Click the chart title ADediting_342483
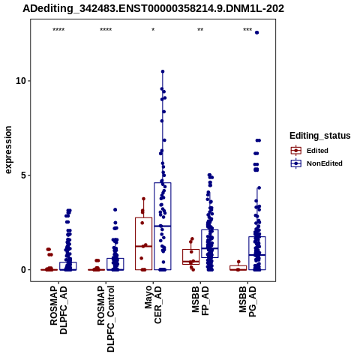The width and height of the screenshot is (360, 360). click(153, 9)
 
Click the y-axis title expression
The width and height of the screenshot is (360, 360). click(8, 150)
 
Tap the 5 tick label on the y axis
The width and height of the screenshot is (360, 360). click(23, 175)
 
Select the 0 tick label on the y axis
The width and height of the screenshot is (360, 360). click(23, 270)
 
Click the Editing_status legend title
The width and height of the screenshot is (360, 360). click(320, 136)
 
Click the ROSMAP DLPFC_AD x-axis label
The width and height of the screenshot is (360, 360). click(58, 310)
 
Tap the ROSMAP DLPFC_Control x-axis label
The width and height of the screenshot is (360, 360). click(106, 319)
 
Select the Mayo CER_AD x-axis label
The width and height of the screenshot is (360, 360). click(153, 304)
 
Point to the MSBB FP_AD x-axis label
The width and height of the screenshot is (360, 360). click(200, 301)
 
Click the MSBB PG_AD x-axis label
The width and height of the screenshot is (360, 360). click(247, 301)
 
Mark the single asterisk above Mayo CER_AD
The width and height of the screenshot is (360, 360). click(153, 30)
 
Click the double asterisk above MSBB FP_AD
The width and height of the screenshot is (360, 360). click(200, 30)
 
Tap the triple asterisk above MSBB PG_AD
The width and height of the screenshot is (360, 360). click(247, 30)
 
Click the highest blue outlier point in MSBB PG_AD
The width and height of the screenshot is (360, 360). click(256, 32)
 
